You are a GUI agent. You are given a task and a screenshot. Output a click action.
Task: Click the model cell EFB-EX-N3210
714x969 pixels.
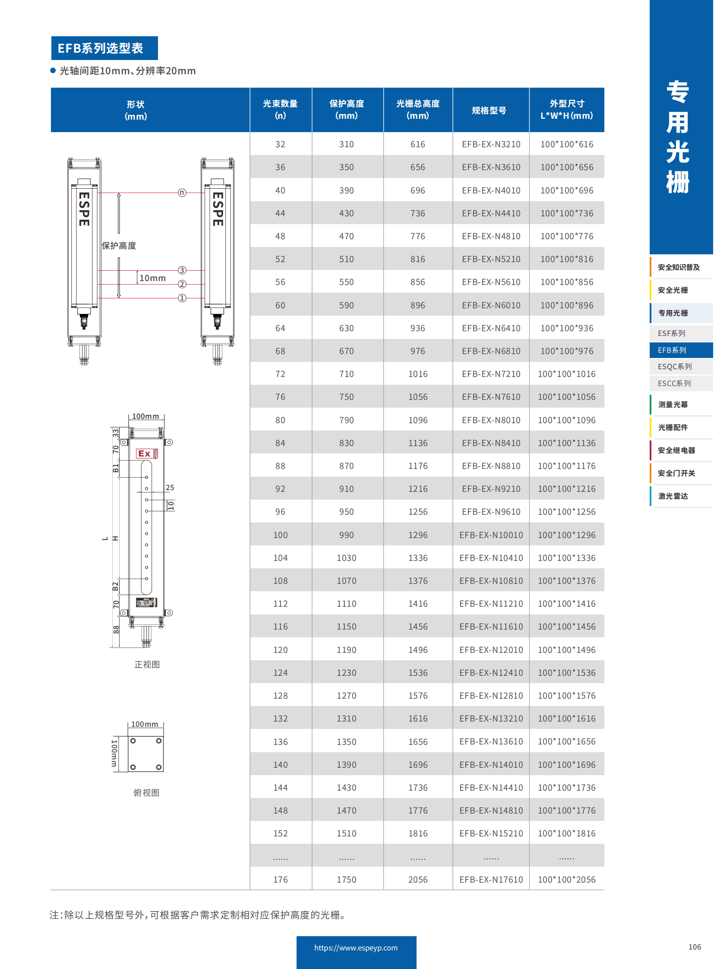[490, 144]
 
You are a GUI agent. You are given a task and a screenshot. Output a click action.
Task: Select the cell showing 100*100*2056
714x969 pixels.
[566, 880]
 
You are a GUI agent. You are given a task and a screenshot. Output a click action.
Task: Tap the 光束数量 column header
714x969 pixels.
[280, 109]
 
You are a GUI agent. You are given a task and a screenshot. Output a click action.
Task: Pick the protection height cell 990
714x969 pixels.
[346, 535]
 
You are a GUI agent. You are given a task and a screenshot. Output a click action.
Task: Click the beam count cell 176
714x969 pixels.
[280, 880]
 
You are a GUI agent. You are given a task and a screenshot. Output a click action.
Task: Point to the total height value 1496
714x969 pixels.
[417, 650]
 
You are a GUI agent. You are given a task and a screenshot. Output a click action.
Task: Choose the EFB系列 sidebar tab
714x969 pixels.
[672, 350]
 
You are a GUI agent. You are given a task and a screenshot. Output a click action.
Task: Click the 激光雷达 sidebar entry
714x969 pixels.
[673, 496]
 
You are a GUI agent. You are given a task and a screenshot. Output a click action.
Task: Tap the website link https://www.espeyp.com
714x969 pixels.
[356, 948]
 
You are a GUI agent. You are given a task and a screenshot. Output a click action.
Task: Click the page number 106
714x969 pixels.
[694, 947]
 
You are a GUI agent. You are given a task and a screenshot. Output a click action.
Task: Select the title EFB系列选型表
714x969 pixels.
[100, 48]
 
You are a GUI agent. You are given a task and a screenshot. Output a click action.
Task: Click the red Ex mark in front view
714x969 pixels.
[145, 453]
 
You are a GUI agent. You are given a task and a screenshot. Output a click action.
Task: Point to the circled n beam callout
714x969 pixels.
[182, 193]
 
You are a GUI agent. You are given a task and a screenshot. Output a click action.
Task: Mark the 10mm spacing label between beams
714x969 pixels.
[152, 278]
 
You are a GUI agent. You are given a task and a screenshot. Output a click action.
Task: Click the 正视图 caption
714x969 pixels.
[147, 665]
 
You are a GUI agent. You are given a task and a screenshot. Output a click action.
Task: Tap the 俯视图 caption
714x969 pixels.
[146, 792]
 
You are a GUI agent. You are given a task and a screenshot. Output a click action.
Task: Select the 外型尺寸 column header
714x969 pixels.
[566, 109]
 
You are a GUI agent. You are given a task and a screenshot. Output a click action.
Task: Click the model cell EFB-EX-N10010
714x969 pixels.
[490, 535]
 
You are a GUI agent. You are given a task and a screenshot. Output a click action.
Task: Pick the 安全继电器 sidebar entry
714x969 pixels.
[676, 450]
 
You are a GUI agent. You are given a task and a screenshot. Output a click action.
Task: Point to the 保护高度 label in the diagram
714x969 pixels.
[119, 246]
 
